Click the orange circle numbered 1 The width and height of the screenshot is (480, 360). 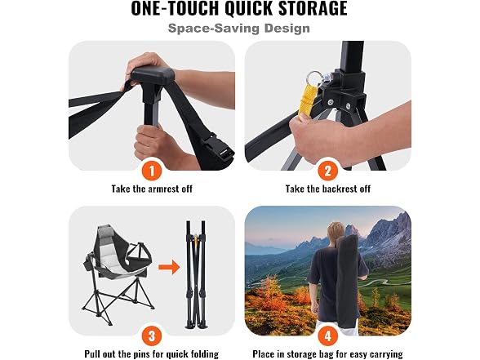[152, 171]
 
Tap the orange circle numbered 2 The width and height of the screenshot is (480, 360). [328, 171]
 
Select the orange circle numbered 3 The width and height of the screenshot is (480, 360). [152, 336]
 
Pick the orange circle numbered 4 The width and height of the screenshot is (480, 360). [328, 336]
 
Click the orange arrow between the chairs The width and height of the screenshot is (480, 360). [169, 267]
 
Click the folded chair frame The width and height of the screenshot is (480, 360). [196, 274]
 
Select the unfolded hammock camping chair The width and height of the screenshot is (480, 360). [120, 269]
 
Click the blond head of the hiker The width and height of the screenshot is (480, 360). [336, 233]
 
